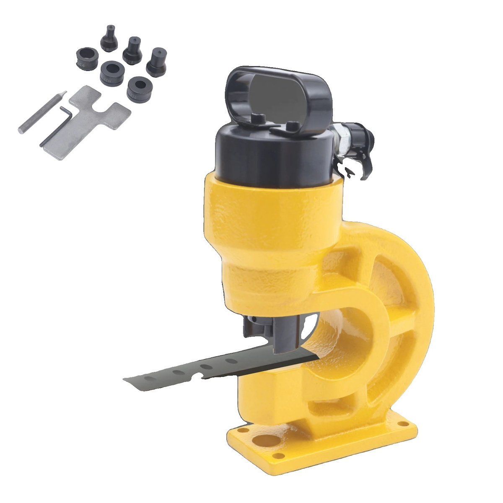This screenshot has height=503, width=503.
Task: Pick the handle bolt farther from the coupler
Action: (x=256, y=119)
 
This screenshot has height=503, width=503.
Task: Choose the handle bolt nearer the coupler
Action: (x=296, y=125)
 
